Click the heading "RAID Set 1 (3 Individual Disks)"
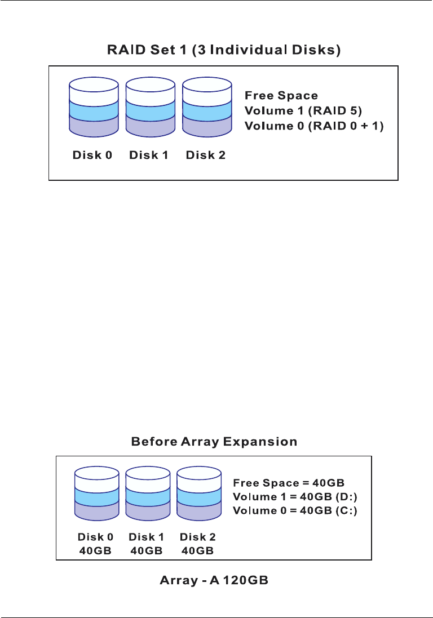224,51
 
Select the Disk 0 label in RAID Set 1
92,155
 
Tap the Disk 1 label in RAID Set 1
149,155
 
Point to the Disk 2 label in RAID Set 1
205,155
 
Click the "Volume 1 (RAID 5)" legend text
295,111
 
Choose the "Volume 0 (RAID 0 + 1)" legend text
314,126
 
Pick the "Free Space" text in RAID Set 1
281,96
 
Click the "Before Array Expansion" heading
214,442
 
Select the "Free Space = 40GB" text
289,483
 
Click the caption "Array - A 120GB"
214,580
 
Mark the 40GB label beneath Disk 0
97,550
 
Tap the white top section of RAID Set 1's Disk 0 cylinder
94,91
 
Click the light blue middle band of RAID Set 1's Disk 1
150,108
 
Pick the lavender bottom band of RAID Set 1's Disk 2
206,125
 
